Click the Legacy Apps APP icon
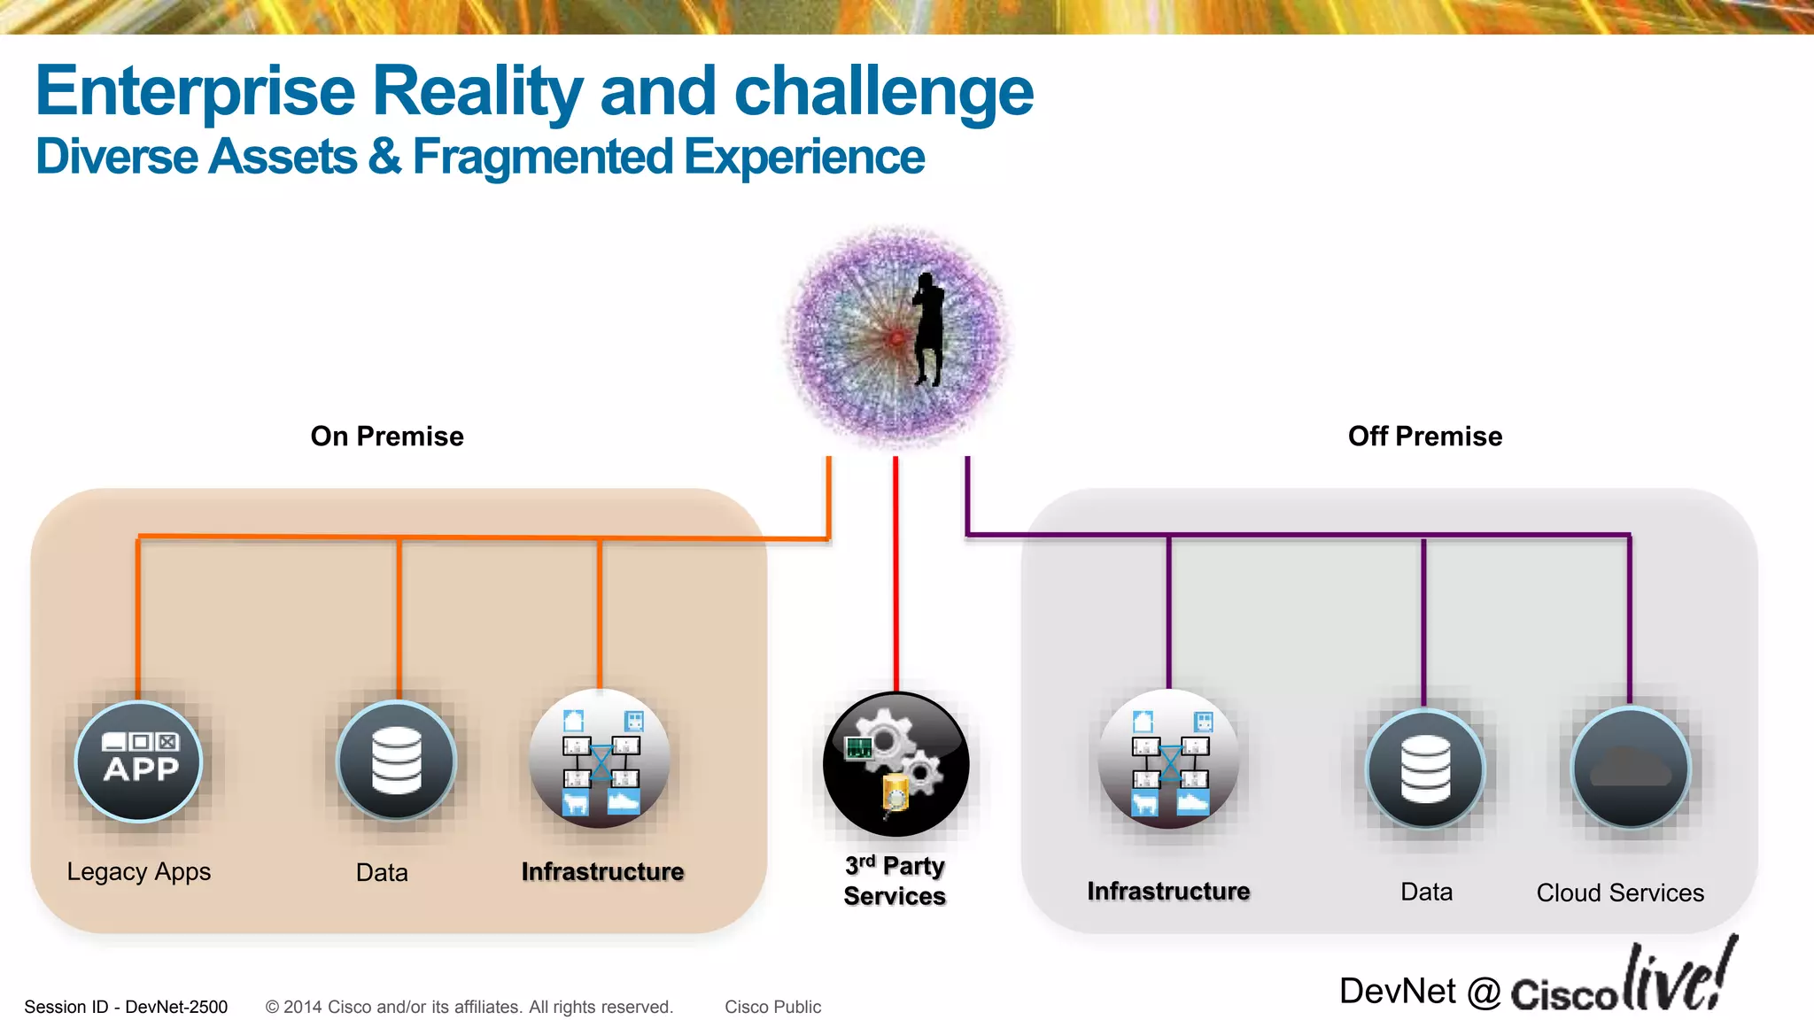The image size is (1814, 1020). (139, 761)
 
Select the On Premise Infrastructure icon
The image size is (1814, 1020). (600, 760)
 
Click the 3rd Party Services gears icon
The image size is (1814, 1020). (895, 764)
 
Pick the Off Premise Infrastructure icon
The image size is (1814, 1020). (1168, 760)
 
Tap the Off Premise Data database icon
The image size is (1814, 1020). (1425, 768)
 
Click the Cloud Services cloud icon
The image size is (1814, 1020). (1630, 767)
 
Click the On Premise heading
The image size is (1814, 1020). (387, 437)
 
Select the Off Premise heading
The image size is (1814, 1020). (1424, 437)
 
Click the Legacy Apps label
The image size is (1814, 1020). (139, 872)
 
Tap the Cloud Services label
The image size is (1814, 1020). (1620, 892)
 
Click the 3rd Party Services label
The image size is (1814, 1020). (895, 881)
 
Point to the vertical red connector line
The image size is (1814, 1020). (895, 576)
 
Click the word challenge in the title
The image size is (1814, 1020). (883, 92)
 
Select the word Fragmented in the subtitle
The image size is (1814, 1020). (543, 158)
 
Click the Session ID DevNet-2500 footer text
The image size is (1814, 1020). (126, 1007)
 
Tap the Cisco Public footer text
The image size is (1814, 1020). (772, 1007)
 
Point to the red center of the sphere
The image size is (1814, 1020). (896, 338)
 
